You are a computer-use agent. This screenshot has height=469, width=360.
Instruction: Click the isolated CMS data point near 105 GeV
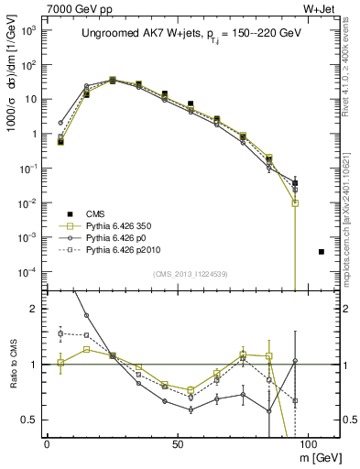[321, 251]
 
